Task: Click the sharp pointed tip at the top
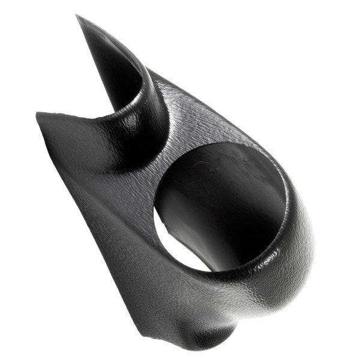pyautogui.click(x=78, y=17)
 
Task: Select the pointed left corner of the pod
pyautogui.click(x=38, y=115)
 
